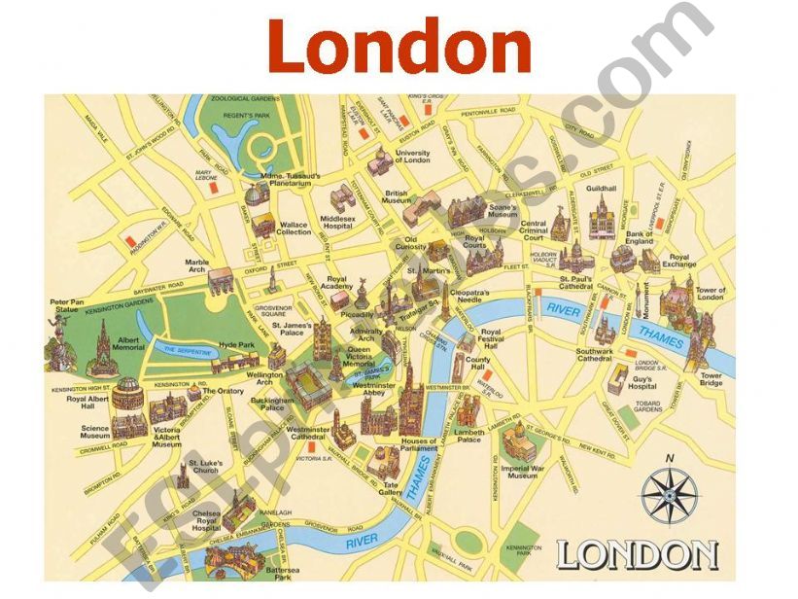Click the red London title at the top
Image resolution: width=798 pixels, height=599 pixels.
pyautogui.click(x=399, y=47)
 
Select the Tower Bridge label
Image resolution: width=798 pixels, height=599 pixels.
pyautogui.click(x=711, y=379)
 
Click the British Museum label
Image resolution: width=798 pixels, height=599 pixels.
pyautogui.click(x=397, y=198)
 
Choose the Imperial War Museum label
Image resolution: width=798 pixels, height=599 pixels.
pyautogui.click(x=522, y=471)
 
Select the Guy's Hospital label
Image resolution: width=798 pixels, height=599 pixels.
pyautogui.click(x=642, y=383)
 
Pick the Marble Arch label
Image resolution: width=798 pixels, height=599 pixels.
pyautogui.click(x=197, y=266)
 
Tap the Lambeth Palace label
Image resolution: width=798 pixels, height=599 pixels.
pyautogui.click(x=468, y=436)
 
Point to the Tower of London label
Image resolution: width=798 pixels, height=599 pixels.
pyautogui.click(x=710, y=295)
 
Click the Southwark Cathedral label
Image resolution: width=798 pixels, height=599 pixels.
pyautogui.click(x=594, y=355)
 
